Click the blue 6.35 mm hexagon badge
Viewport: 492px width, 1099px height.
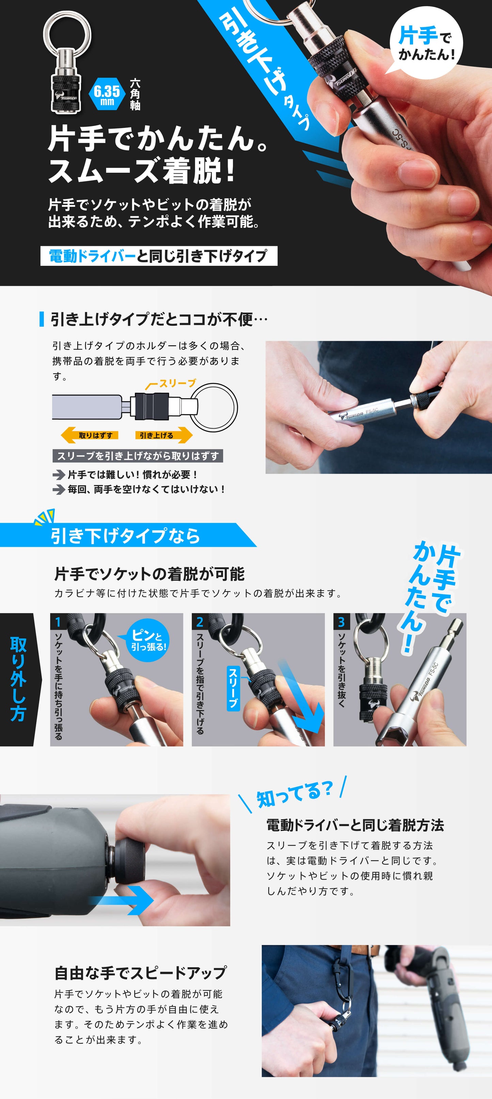(x=107, y=95)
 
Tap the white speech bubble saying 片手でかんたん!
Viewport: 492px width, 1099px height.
(x=426, y=43)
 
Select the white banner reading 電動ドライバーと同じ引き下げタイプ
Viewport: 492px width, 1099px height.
(x=159, y=256)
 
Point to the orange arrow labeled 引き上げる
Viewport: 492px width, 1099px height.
(x=164, y=435)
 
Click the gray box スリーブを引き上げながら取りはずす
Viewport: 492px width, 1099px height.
(x=138, y=455)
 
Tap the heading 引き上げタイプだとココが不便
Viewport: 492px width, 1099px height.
(x=159, y=319)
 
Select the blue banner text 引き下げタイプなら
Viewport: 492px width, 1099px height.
(x=125, y=536)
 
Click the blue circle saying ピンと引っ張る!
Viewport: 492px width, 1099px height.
(x=147, y=640)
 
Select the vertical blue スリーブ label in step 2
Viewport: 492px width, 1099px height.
(x=233, y=688)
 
